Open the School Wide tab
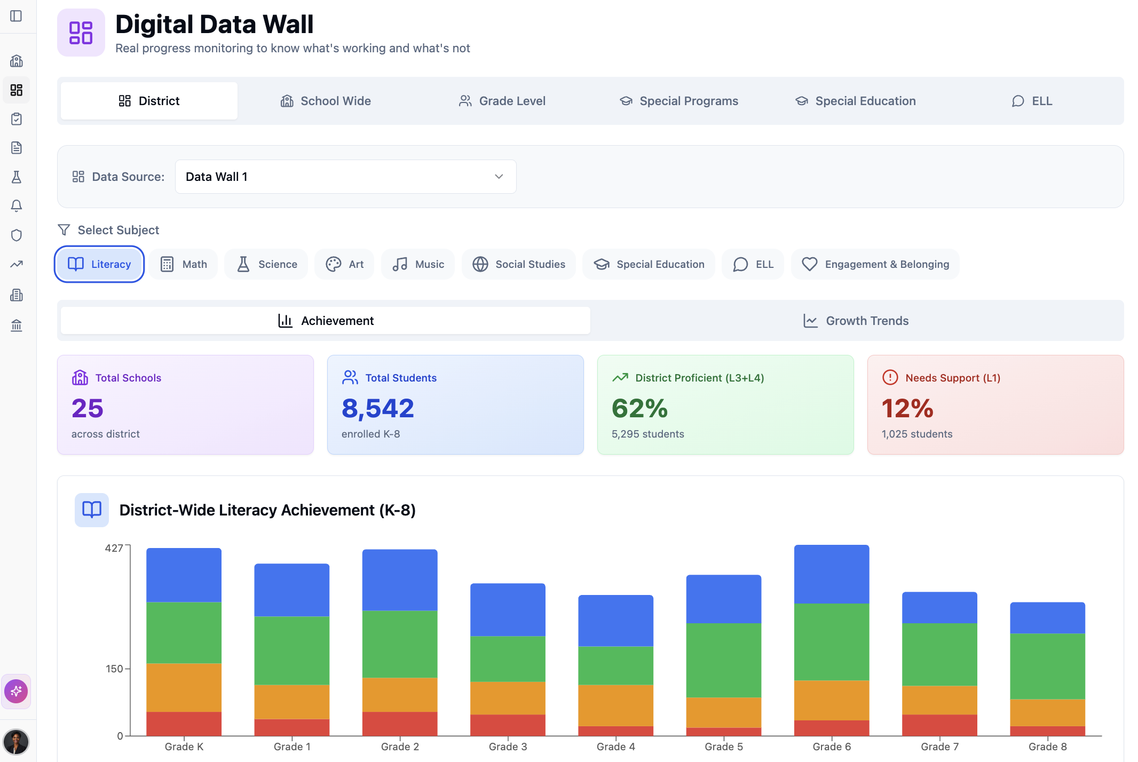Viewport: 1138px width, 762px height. (x=326, y=101)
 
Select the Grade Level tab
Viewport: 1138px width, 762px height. (x=502, y=101)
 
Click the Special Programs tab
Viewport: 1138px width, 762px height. (x=678, y=101)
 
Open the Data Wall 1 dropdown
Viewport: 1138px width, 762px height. (x=345, y=177)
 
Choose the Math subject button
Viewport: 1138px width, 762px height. (x=184, y=264)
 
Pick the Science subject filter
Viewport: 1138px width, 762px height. (x=266, y=264)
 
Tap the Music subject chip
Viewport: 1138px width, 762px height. (x=418, y=264)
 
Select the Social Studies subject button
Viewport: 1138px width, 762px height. (x=519, y=264)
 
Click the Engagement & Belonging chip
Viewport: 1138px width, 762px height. (x=875, y=264)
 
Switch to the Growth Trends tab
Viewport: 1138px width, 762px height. (x=856, y=321)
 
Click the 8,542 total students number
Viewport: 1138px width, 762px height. (x=378, y=408)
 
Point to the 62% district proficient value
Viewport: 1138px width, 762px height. (x=639, y=408)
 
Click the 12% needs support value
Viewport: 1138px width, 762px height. (x=907, y=408)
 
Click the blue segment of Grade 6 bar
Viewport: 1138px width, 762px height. (x=832, y=574)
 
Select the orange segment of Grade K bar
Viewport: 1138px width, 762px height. (x=184, y=687)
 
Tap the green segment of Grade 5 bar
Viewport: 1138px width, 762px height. (x=723, y=660)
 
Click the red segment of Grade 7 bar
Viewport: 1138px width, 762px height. (x=939, y=725)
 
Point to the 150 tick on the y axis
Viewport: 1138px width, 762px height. (x=114, y=669)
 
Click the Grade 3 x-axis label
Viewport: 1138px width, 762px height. (x=508, y=747)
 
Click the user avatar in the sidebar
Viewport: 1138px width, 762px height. (x=16, y=742)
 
